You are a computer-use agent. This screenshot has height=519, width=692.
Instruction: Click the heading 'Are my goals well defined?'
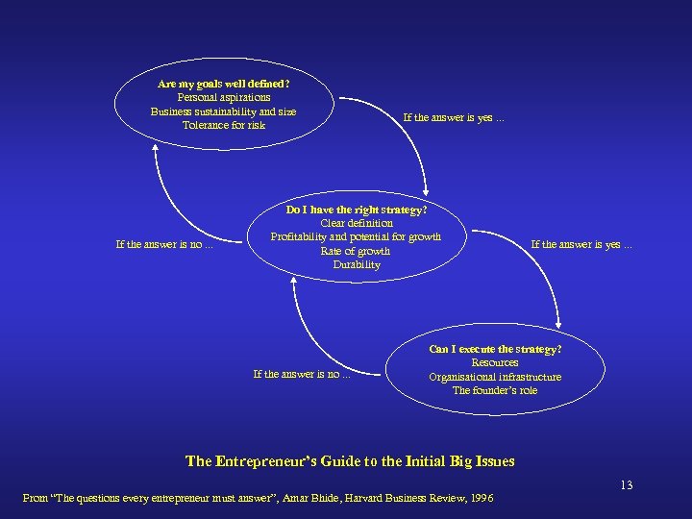pyautogui.click(x=224, y=84)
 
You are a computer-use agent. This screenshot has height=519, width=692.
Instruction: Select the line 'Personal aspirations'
pyautogui.click(x=224, y=97)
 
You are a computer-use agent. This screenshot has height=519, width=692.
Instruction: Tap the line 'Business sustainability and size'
pyautogui.click(x=224, y=111)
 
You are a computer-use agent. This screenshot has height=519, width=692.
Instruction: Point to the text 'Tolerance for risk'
pyautogui.click(x=224, y=125)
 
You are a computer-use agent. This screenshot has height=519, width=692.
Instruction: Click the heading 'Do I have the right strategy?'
pyautogui.click(x=357, y=209)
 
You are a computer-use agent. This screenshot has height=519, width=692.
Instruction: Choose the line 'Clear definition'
pyautogui.click(x=357, y=223)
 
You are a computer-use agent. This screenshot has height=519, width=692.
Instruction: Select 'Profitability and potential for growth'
pyautogui.click(x=357, y=236)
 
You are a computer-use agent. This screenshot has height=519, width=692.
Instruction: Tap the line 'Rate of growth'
pyautogui.click(x=357, y=251)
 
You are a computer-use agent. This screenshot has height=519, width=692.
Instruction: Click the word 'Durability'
pyautogui.click(x=357, y=264)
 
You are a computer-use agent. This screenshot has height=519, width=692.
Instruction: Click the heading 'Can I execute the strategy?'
pyautogui.click(x=495, y=348)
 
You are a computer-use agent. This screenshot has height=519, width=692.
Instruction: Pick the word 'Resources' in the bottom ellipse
pyautogui.click(x=495, y=362)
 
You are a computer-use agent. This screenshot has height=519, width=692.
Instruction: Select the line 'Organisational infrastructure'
pyautogui.click(x=495, y=377)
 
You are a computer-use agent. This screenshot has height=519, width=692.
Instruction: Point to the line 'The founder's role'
pyautogui.click(x=495, y=390)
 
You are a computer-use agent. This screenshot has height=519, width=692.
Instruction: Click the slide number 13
pyautogui.click(x=627, y=485)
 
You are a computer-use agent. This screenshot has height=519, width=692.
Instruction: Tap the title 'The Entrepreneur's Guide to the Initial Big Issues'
pyautogui.click(x=350, y=461)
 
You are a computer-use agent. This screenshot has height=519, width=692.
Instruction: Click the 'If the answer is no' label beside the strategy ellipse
pyautogui.click(x=164, y=244)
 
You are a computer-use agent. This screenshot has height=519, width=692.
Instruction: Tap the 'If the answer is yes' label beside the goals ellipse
pyautogui.click(x=453, y=118)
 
